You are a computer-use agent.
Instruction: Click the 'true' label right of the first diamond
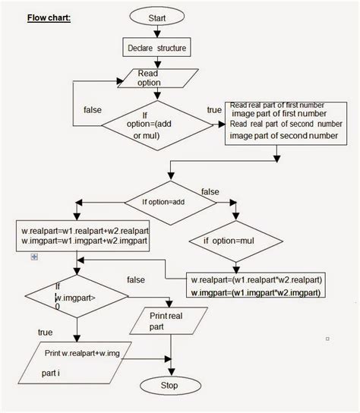(214, 110)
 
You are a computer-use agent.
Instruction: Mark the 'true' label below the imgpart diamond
(45, 331)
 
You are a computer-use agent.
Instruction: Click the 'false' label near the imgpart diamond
(136, 280)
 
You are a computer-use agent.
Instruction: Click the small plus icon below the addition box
(33, 258)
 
